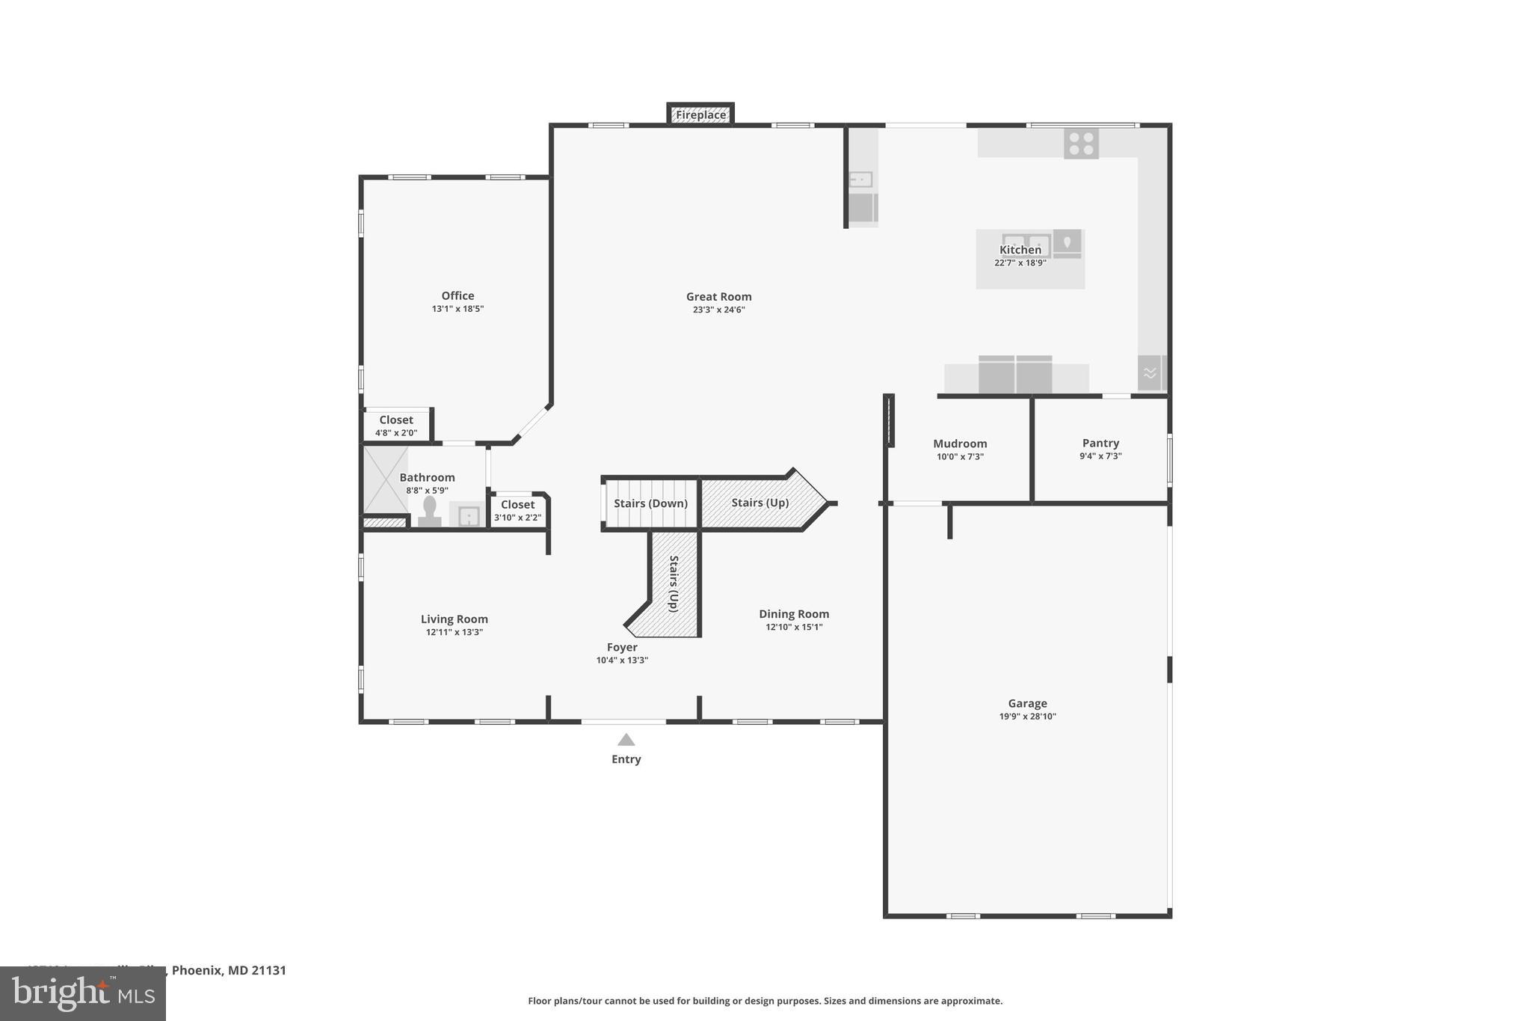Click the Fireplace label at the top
point(700,115)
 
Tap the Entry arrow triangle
point(626,740)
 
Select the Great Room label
point(718,297)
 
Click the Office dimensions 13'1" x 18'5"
point(458,309)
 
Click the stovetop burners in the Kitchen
point(1081,144)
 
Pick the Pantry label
point(1100,443)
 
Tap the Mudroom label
point(960,444)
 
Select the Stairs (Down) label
point(650,503)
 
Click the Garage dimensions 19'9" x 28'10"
point(1027,717)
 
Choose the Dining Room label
point(793,614)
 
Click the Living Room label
point(454,619)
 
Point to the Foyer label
point(622,648)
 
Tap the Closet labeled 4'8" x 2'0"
point(395,426)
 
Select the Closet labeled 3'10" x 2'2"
point(517,510)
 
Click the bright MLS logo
point(83,993)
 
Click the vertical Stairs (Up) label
point(674,583)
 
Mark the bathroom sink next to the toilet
point(468,515)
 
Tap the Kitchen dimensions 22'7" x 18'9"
point(1020,263)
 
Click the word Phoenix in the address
point(197,970)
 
